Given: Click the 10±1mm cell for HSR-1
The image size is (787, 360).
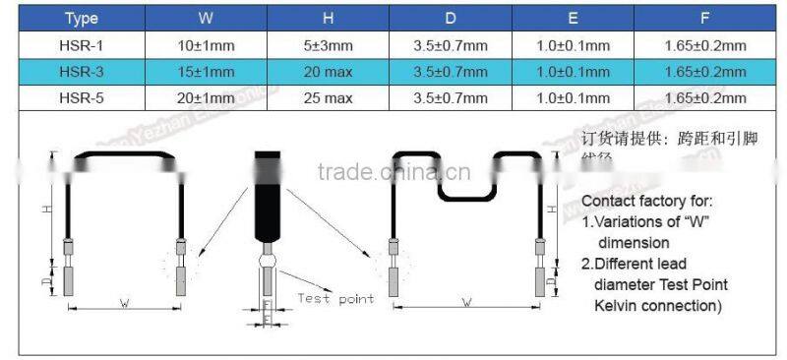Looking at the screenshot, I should [204, 45].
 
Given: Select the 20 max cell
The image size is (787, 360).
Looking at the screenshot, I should [330, 72].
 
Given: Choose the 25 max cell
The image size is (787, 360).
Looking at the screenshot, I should [330, 98].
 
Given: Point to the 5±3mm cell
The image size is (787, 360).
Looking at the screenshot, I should [330, 45].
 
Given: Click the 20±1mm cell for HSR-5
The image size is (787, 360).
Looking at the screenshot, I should [204, 98].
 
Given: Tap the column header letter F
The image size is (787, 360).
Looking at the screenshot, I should [704, 18].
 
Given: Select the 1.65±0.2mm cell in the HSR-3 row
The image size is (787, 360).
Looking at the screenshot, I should [704, 72].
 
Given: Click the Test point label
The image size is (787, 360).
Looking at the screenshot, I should [335, 298].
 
